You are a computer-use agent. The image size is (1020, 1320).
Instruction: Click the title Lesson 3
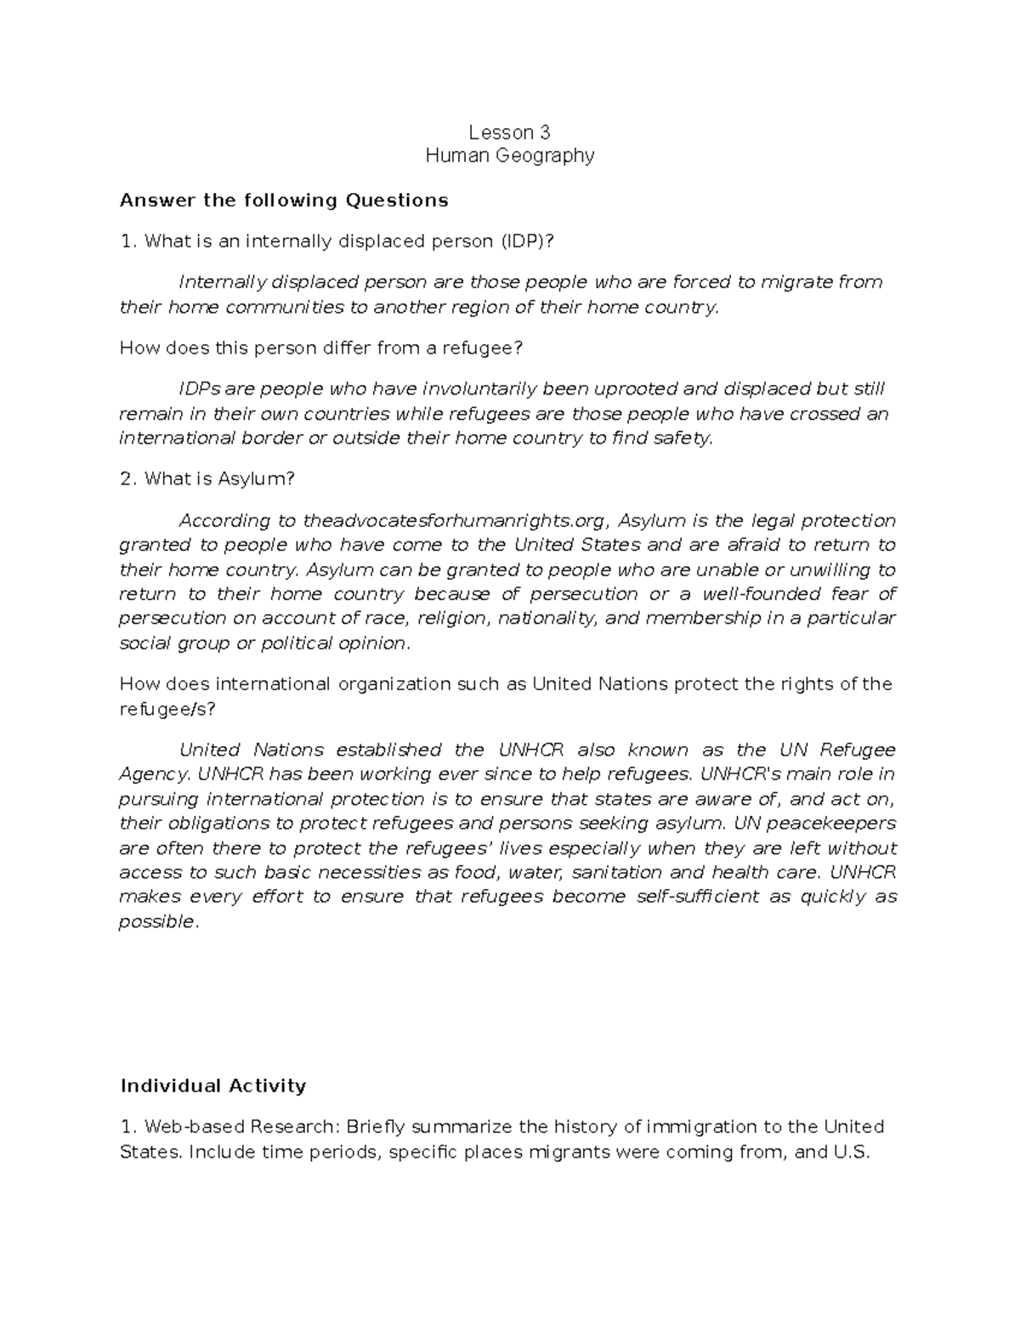coord(509,132)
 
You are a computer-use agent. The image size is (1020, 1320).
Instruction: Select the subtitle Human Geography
coord(509,156)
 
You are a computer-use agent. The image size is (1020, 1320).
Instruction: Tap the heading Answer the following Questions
coord(284,201)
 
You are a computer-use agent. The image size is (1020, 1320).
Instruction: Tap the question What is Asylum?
coord(207,479)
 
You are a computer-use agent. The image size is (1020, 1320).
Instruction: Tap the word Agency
coord(155,774)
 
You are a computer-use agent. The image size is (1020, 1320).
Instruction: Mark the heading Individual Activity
coord(212,1086)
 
